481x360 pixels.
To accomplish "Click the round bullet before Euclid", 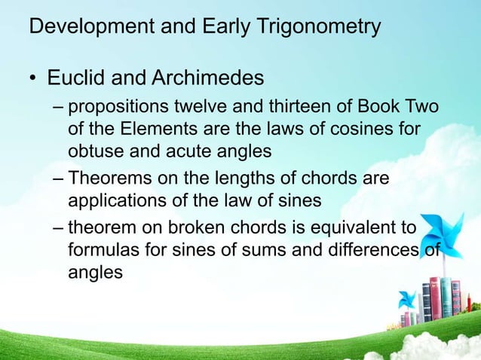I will (x=33, y=78).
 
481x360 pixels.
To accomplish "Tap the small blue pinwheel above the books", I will (x=409, y=298).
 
